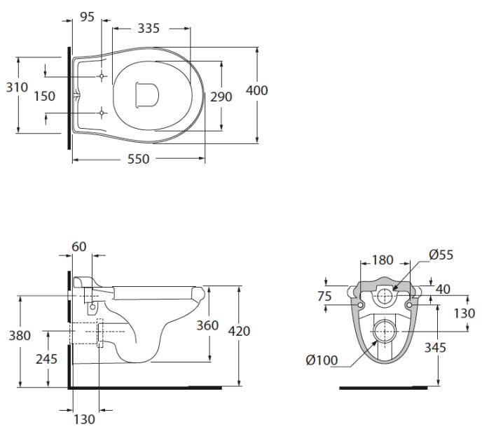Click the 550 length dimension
point(138,159)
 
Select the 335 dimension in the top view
point(149,28)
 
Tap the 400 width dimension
point(257,90)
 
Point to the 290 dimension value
point(221,97)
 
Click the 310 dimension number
point(18,87)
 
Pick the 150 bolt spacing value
point(45,96)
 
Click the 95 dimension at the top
point(87,17)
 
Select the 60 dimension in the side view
point(79,246)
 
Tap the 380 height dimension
point(20,336)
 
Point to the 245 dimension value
point(46,359)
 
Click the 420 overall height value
point(239,331)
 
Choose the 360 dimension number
point(207,325)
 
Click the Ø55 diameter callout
point(441,255)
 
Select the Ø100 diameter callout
point(322,360)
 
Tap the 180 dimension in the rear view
point(383,260)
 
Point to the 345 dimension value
point(435,348)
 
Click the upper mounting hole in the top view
point(102,76)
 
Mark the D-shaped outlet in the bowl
point(147,95)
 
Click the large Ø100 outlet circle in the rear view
point(385,332)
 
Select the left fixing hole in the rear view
point(361,305)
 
